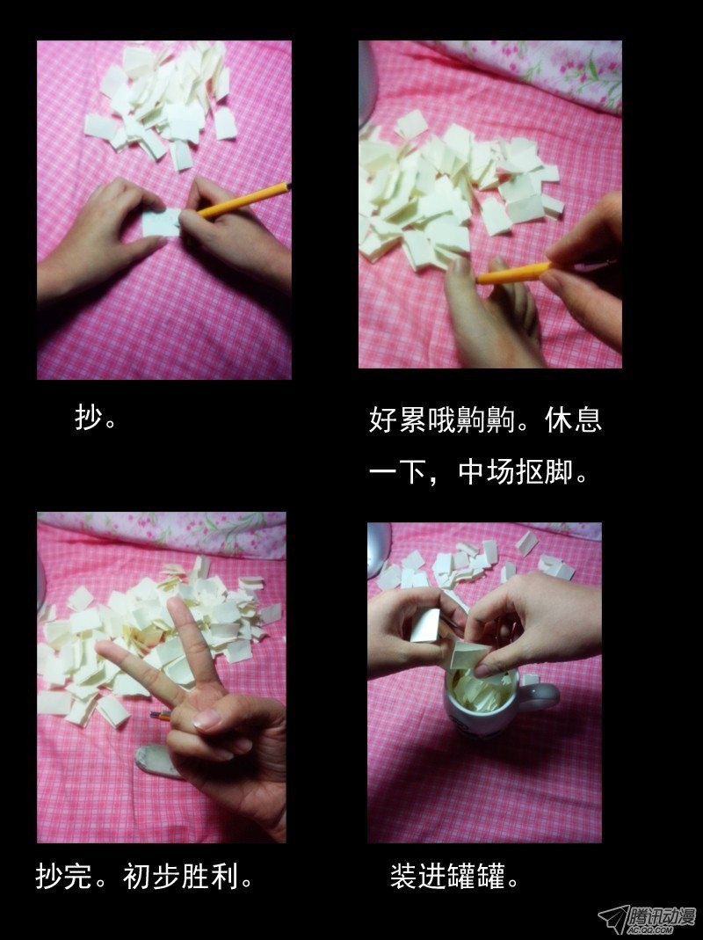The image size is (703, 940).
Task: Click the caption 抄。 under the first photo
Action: point(96,418)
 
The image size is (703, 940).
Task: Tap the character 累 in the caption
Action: point(412,419)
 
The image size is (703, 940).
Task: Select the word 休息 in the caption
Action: point(574,419)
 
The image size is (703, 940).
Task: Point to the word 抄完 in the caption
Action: point(64,876)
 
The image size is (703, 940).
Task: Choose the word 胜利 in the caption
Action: point(210,876)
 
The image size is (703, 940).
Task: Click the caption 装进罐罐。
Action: point(454,876)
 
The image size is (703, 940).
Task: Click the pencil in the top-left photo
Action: point(243,200)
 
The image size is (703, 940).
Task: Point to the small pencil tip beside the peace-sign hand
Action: point(160,715)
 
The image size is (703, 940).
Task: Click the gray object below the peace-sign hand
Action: point(155,761)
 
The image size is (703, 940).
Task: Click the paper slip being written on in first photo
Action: point(161,222)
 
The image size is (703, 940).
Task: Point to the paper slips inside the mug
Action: point(481,692)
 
